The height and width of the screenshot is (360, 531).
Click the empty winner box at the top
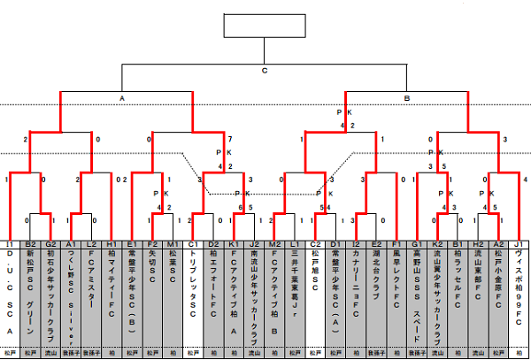tap(265, 27)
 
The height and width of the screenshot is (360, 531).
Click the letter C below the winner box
tap(265, 70)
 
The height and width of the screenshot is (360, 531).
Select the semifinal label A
tap(122, 97)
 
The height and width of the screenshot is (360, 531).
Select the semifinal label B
tap(407, 97)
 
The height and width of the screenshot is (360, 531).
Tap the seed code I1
tap(10, 243)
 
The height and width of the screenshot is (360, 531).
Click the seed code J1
tap(519, 243)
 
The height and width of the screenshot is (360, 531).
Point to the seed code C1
tap(193, 243)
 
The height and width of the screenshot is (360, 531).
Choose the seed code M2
tap(275, 243)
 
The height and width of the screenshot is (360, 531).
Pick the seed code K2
tap(437, 243)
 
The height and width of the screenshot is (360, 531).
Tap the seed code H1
tap(112, 243)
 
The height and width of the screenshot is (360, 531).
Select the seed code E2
tap(376, 243)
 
